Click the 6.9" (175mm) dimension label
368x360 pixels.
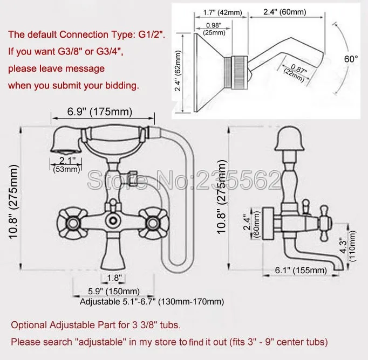coord(100,112)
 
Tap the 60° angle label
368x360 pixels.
coord(351,59)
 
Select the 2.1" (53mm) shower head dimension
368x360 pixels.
coord(66,164)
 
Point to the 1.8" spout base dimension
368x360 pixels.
coord(114,278)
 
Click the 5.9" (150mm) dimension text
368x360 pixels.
coord(114,292)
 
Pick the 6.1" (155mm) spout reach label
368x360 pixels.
coord(301,270)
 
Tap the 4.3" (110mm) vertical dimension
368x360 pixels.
coord(348,246)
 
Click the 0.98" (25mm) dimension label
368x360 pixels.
coord(214,29)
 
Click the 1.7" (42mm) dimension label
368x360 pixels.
coord(222,12)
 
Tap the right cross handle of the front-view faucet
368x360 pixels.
coord(153,223)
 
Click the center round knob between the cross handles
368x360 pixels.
coord(113,220)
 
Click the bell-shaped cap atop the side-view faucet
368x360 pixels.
coord(289,139)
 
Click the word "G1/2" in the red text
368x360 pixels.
coord(151,34)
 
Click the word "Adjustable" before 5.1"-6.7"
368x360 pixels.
coord(100,302)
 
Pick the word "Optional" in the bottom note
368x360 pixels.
coord(29,326)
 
